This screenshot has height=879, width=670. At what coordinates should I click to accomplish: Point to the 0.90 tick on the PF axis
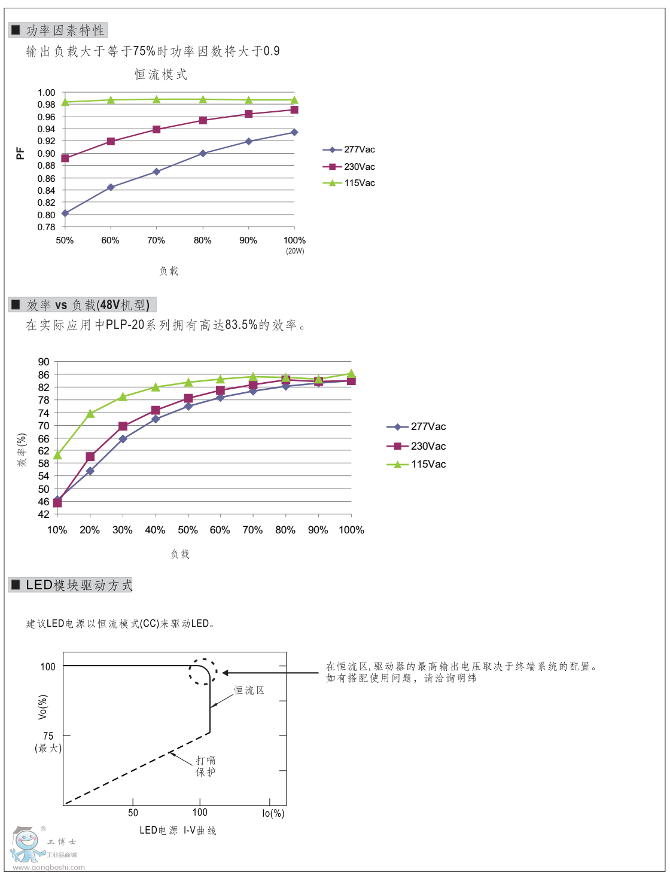pyautogui.click(x=46, y=153)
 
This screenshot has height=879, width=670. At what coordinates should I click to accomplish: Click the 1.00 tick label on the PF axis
pyautogui.click(x=46, y=92)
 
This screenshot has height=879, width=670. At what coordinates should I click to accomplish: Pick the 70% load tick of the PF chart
pyautogui.click(x=156, y=240)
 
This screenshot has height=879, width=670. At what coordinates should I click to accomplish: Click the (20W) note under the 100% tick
pyautogui.click(x=295, y=251)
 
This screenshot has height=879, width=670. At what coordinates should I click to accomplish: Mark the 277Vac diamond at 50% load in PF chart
pyautogui.click(x=65, y=213)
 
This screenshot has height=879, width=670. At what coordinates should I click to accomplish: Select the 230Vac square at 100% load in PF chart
pyautogui.click(x=294, y=110)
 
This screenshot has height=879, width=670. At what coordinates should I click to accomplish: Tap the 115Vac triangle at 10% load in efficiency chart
pyautogui.click(x=57, y=455)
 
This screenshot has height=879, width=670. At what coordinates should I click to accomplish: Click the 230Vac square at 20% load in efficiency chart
pyautogui.click(x=90, y=457)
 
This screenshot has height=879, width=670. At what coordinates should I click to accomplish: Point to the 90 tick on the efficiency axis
pyautogui.click(x=44, y=362)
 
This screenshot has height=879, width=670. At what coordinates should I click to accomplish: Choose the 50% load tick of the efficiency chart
pyautogui.click(x=188, y=530)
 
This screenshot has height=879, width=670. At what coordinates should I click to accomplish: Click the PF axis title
pyautogui.click(x=20, y=154)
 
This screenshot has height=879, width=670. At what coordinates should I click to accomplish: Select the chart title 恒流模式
pyautogui.click(x=161, y=74)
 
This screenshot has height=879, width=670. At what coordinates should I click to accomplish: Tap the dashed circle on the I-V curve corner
pyautogui.click(x=203, y=672)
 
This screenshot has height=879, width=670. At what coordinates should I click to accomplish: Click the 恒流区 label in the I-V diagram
pyautogui.click(x=249, y=690)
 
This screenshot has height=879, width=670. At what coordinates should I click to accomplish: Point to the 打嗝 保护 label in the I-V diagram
pyautogui.click(x=206, y=766)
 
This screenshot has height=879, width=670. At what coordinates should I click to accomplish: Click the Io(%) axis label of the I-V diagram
pyautogui.click(x=273, y=813)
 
